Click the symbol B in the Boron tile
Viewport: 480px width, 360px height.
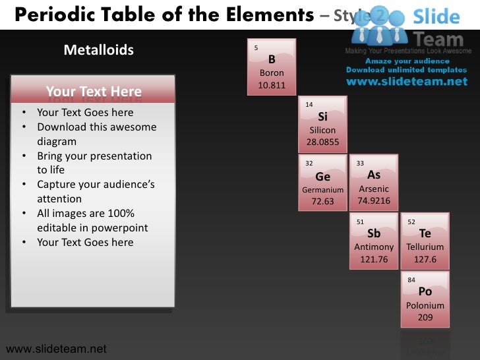click(x=272, y=59)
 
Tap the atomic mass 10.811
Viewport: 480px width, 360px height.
click(x=272, y=86)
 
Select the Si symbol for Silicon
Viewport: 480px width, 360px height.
click(x=322, y=117)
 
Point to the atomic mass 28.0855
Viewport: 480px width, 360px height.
click(x=322, y=142)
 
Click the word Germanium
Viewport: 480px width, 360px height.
click(x=322, y=190)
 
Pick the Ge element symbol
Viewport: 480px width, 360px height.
click(x=322, y=177)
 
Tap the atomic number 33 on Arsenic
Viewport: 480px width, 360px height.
click(x=361, y=164)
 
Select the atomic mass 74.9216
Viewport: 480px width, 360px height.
click(x=374, y=201)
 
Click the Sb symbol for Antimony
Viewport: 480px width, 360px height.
click(x=374, y=233)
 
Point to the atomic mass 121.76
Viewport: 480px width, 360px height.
click(x=374, y=259)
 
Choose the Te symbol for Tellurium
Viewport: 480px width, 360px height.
click(x=425, y=233)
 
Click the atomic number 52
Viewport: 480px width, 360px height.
click(x=411, y=222)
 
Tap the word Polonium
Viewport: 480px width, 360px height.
click(x=425, y=305)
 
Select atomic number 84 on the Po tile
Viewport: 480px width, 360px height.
click(x=411, y=280)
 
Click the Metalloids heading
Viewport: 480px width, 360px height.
click(x=98, y=50)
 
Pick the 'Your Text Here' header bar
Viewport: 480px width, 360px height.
click(x=93, y=92)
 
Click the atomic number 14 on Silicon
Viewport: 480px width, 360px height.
click(x=309, y=105)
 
